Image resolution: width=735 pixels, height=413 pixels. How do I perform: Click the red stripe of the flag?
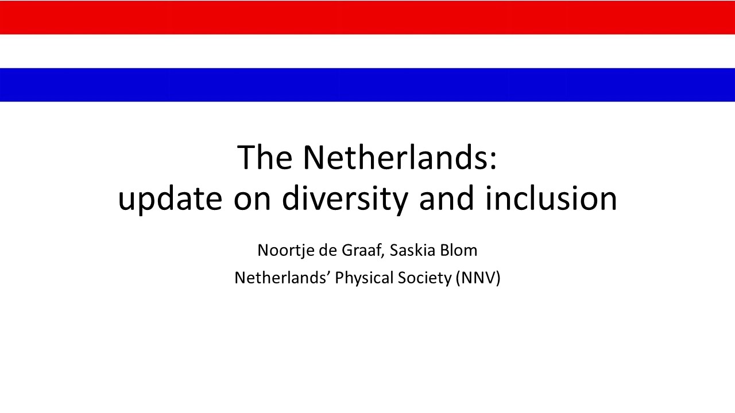coord(367,17)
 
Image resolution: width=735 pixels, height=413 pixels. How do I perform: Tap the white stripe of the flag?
coord(367,51)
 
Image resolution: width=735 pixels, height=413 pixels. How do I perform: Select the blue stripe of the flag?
coord(367,85)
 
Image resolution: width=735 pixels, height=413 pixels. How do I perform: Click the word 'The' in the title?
coord(265,158)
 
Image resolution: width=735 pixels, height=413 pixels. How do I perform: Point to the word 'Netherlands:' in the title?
coord(400,158)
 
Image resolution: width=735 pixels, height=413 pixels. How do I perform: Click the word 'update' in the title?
coord(170,198)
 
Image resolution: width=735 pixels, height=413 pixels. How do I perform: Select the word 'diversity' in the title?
coord(345,198)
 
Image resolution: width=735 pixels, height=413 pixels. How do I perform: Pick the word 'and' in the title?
coord(447,198)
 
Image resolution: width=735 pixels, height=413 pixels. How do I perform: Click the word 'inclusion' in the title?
coord(551,198)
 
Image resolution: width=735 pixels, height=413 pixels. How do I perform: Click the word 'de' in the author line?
coord(328,251)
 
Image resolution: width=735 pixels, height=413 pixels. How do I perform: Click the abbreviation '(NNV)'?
coord(478,279)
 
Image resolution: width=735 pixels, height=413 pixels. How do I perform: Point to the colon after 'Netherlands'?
coord(494,161)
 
